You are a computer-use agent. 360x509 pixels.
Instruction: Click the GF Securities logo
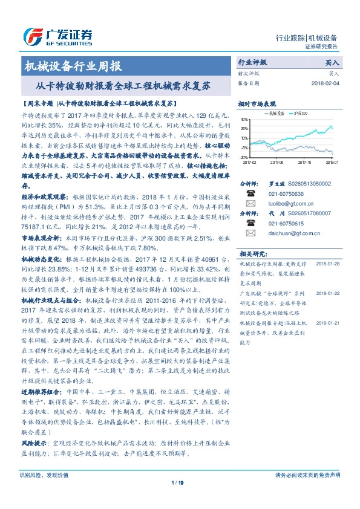pyautogui.click(x=57, y=34)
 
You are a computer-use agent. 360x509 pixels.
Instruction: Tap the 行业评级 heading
pyautogui.click(x=252, y=62)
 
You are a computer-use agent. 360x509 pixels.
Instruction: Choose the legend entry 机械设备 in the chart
pyautogui.click(x=275, y=112)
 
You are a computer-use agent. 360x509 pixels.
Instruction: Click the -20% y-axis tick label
pyautogui.click(x=243, y=157)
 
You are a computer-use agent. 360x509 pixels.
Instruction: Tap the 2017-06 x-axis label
pyautogui.click(x=277, y=162)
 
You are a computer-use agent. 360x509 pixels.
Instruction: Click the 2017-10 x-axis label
pyautogui.click(x=305, y=162)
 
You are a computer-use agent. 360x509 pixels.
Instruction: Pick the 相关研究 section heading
pyautogui.click(x=249, y=254)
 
